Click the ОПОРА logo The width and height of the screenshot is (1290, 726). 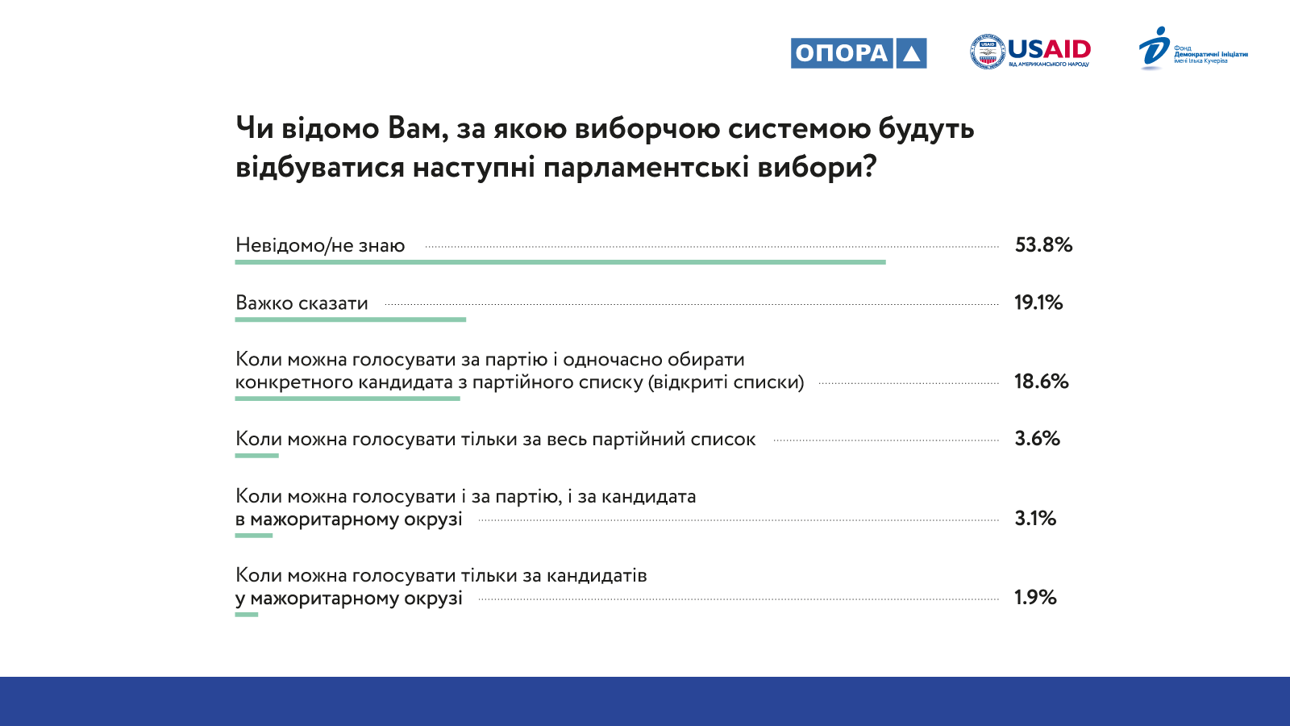[859, 53]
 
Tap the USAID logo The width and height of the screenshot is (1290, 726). [1030, 52]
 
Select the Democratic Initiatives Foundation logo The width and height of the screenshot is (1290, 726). [1193, 48]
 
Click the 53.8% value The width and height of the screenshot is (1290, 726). [1043, 245]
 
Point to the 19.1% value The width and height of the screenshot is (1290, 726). [1038, 302]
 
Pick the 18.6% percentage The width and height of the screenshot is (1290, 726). [1041, 382]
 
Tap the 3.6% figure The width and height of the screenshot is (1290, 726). [1037, 439]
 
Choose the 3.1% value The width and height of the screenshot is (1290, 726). [1035, 519]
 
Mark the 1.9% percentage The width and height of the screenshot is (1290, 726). [1035, 598]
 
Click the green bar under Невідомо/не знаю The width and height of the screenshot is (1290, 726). [560, 262]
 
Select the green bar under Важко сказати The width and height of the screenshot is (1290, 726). [350, 319]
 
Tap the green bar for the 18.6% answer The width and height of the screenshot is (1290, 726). [347, 398]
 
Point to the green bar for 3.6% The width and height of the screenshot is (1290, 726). [257, 456]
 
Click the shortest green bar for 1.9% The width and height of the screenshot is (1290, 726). [247, 615]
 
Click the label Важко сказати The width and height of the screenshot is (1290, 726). [302, 303]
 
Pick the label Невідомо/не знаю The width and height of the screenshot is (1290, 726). [320, 246]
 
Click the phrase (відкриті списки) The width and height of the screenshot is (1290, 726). [726, 382]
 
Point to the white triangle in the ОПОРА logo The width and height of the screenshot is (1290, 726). [911, 53]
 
